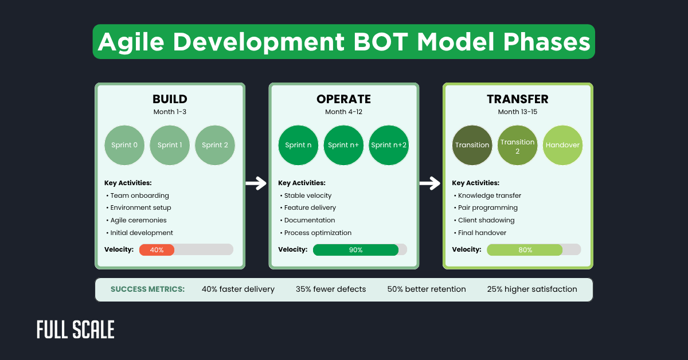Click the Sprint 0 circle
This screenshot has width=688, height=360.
(x=124, y=145)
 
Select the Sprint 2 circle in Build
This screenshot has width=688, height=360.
(x=214, y=145)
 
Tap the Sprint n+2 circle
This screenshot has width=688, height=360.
(x=389, y=145)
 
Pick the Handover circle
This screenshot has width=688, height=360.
(x=562, y=145)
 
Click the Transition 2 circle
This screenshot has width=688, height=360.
(x=517, y=145)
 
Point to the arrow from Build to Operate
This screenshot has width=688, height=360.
(x=256, y=183)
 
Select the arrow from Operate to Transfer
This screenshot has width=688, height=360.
(x=430, y=183)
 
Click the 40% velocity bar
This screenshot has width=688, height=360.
(x=157, y=249)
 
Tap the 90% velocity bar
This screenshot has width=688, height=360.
(x=355, y=249)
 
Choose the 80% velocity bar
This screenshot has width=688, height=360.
(x=525, y=249)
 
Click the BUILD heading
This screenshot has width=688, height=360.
(x=170, y=99)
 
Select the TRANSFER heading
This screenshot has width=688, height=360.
(x=517, y=99)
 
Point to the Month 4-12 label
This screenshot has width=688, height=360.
(x=343, y=112)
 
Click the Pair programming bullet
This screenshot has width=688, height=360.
(x=487, y=208)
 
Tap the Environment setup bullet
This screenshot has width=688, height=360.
(x=140, y=208)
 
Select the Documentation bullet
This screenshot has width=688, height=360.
(x=310, y=220)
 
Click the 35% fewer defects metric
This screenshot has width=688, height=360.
(x=331, y=289)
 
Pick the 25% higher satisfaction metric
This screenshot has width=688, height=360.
(x=532, y=289)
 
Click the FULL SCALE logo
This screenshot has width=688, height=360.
(x=76, y=330)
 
